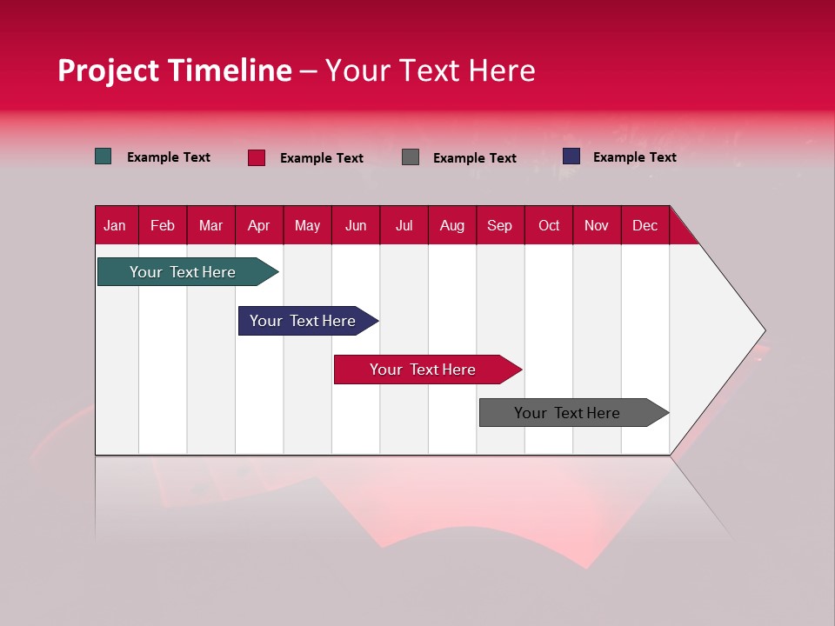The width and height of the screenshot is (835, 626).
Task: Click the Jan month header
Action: coord(115,225)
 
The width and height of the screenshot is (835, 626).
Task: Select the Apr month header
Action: coord(258,225)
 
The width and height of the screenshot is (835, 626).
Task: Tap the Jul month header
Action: coord(404,225)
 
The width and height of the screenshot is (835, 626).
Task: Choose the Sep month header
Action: coord(499,225)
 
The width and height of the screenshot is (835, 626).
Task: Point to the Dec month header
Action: coord(645,225)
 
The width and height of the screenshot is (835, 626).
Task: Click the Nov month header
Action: coord(596,225)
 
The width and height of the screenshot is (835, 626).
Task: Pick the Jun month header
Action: coord(356,225)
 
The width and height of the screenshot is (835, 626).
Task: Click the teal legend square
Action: coord(103,156)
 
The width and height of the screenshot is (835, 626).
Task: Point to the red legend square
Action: coord(256,157)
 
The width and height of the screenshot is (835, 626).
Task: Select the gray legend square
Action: coord(411,156)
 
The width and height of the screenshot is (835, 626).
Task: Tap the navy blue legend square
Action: coord(571,156)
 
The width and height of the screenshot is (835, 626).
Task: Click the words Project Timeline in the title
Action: coord(174,70)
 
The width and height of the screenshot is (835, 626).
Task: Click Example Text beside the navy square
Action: coord(634,157)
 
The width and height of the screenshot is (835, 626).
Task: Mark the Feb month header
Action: coord(163,225)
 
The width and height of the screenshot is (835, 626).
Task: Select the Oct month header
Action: coord(549,225)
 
